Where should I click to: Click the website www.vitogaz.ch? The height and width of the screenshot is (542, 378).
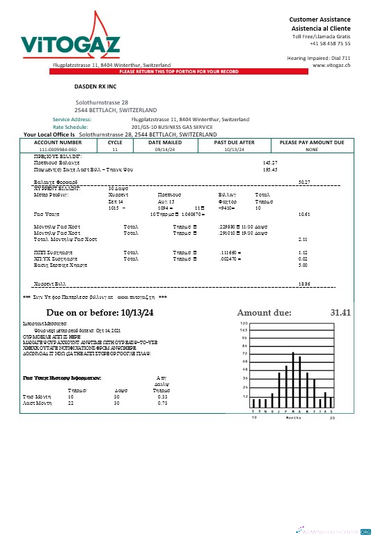tap(331, 64)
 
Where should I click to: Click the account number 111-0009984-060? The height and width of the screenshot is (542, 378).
tap(58, 149)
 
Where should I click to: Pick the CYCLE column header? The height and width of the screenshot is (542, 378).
tap(115, 142)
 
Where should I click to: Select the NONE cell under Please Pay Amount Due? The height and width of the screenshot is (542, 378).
tap(311, 149)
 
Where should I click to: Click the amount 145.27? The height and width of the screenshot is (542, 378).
tap(270, 162)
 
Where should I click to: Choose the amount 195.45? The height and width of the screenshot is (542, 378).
tap(270, 169)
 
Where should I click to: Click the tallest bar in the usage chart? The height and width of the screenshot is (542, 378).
tap(293, 380)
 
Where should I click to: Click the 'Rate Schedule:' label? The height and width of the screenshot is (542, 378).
tap(88, 127)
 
